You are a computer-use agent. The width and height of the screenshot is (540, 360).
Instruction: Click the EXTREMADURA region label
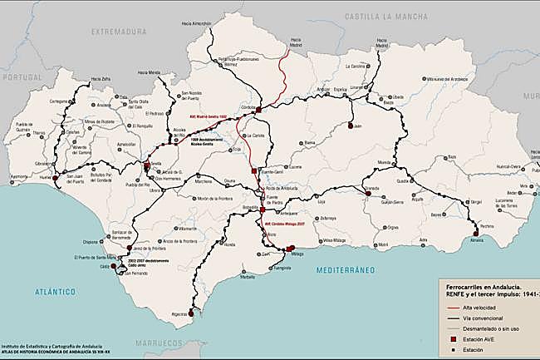[x=118, y=33]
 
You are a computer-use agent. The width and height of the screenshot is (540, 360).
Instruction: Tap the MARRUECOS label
[x=181, y=343]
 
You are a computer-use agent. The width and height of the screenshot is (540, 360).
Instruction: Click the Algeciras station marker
[x=192, y=313]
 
